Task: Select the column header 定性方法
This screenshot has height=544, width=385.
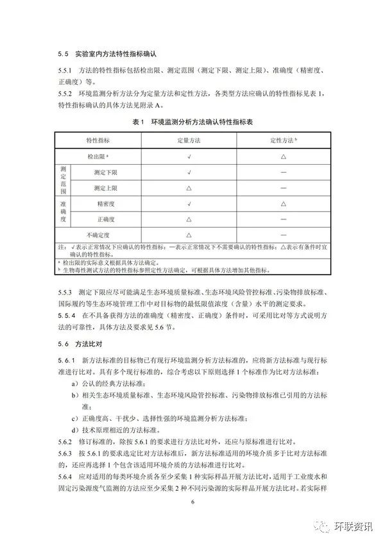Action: pyautogui.click(x=282, y=140)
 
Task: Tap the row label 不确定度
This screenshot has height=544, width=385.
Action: pyautogui.click(x=98, y=235)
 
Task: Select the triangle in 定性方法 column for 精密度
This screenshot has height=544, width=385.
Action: pyautogui.click(x=282, y=204)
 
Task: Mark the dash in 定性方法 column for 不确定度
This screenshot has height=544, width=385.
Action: pyautogui.click(x=282, y=235)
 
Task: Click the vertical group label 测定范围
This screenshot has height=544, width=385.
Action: pyautogui.click(x=64, y=180)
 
